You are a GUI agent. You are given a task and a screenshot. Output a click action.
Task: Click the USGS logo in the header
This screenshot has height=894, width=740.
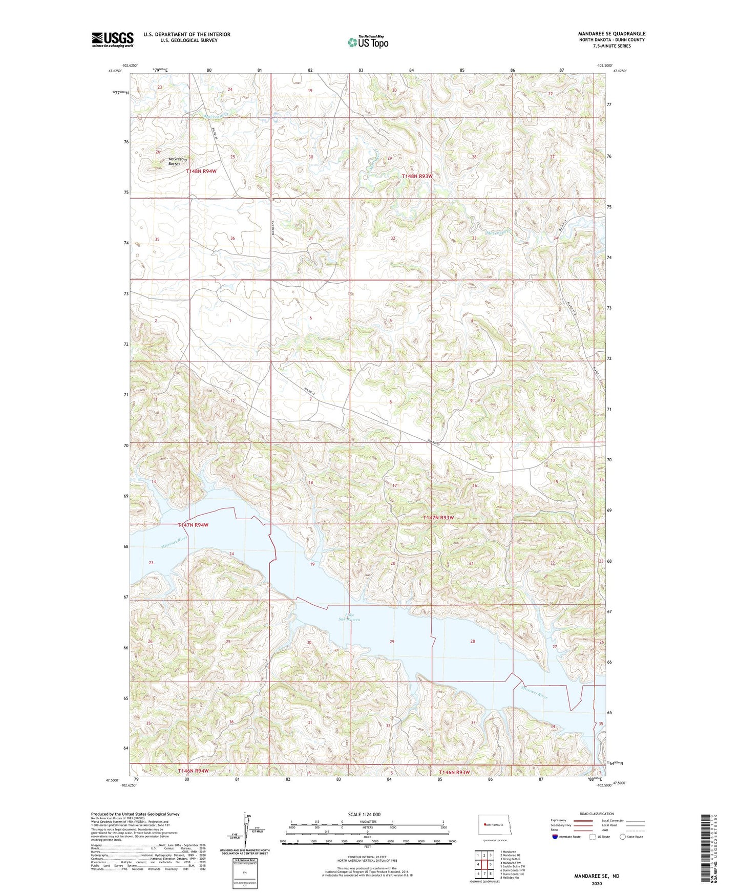click(113, 39)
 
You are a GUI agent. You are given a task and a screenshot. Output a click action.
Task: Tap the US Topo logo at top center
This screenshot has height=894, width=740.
click(367, 42)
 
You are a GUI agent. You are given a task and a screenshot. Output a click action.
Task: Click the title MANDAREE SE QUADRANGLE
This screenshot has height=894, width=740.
click(611, 34)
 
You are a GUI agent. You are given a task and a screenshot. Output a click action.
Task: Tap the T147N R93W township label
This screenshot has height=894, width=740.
click(438, 518)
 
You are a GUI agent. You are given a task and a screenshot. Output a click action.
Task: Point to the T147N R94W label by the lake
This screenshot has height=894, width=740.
click(193, 525)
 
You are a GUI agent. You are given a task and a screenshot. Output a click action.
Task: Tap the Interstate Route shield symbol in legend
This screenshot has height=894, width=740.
click(556, 837)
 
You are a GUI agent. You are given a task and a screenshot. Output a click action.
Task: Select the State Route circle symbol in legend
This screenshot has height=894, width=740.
click(623, 837)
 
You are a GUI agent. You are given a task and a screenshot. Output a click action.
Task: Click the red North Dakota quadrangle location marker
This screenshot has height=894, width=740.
click(484, 825)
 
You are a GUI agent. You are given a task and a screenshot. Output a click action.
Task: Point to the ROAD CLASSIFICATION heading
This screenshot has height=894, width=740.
click(597, 814)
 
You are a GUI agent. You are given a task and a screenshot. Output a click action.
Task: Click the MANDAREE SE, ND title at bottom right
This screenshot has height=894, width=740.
click(596, 876)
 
